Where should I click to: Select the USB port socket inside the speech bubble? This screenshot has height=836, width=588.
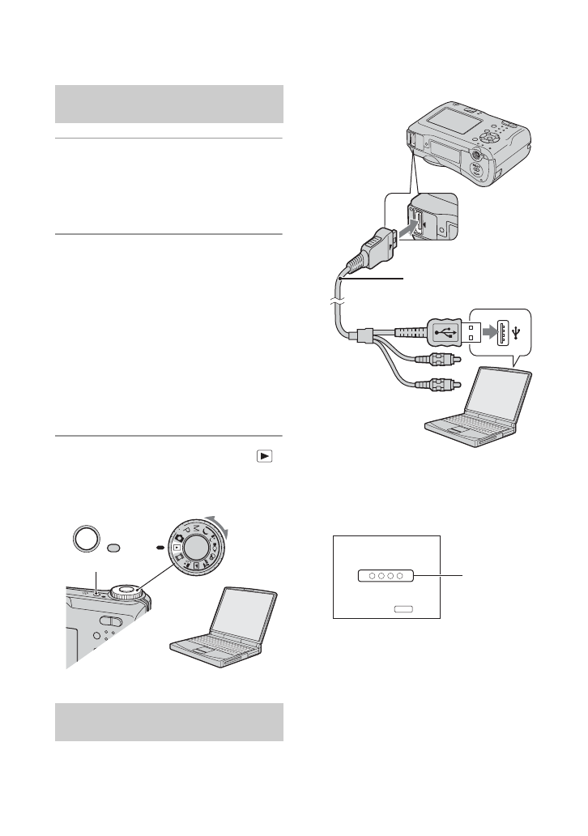pos(507,331)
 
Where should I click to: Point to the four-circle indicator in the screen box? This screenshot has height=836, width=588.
pos(385,576)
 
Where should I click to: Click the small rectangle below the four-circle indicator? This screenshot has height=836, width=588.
pos(403,606)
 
